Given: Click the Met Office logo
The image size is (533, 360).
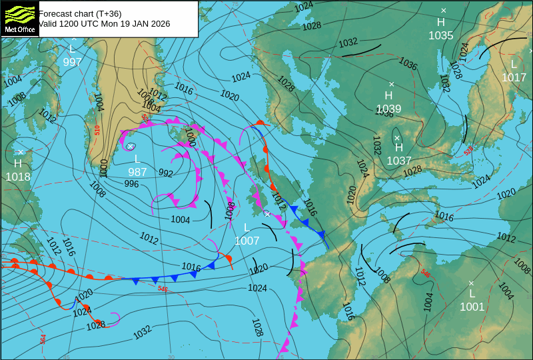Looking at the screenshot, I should pos(19,19).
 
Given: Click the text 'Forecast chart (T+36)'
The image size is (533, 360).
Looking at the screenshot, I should pos(80,13).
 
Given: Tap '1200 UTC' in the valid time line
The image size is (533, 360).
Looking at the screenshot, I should pos(79,24).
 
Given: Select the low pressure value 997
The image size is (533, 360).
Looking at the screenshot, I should pos(73,62).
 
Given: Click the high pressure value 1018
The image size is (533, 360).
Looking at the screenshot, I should pos(18,177).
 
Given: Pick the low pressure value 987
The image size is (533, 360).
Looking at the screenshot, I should pos(137,171).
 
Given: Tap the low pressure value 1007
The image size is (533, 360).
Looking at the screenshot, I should pos(247,241).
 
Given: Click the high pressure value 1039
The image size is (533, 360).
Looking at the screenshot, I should pos(388,109).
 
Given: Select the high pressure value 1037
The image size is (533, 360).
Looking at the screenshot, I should pos(399,161).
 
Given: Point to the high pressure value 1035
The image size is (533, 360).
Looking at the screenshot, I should pos(441,35).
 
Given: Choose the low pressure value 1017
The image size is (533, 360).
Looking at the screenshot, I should pos(514,77).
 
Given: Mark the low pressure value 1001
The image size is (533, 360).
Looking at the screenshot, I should pos(472,307).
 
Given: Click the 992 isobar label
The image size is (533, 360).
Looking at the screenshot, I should pos(165,173).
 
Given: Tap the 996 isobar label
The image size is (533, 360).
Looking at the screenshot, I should pos(131,184).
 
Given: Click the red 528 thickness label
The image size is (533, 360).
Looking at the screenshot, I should pos(468,151).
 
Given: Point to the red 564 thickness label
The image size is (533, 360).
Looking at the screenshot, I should pos(43,339).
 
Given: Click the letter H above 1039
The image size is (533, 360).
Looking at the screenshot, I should pos(388,95).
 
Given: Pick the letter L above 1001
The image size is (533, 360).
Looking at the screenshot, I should pos(472,293).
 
